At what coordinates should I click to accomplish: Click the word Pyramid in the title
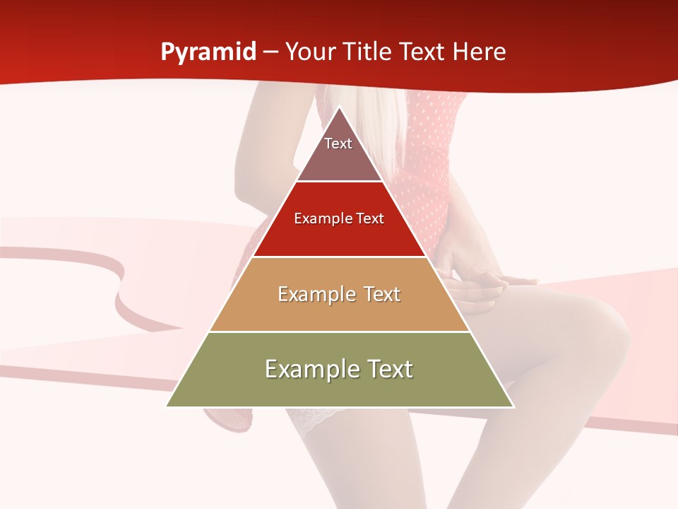208,52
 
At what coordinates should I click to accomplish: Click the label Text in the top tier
338,144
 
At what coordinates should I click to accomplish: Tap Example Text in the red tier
339,218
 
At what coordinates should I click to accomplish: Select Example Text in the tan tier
339,294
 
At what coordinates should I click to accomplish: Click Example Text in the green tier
339,369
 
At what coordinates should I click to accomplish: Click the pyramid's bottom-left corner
167,406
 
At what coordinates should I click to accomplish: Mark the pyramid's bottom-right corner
513,406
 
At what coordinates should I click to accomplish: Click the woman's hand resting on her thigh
480,279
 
